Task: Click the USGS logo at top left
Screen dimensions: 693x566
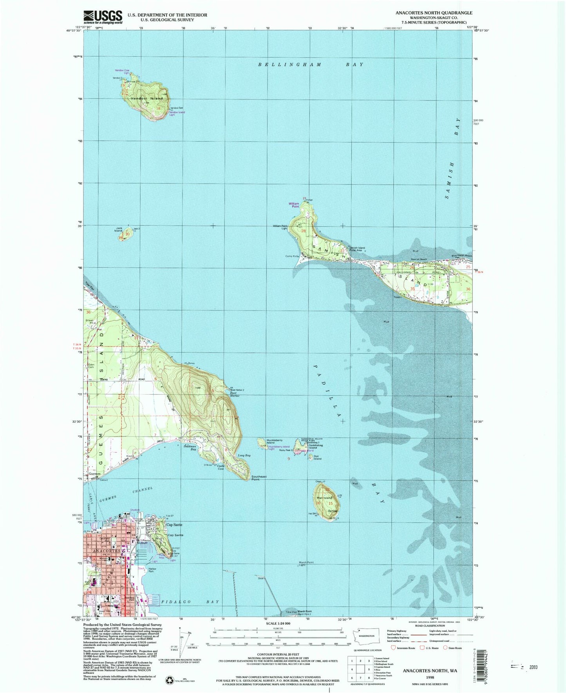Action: (103, 17)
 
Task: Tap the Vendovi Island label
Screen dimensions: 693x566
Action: (147, 98)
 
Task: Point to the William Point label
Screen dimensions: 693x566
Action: (294, 205)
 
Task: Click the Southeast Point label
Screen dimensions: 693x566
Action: (259, 478)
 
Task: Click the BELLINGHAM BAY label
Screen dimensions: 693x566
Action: (310, 64)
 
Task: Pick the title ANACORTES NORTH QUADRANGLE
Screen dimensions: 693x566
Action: (434, 13)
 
